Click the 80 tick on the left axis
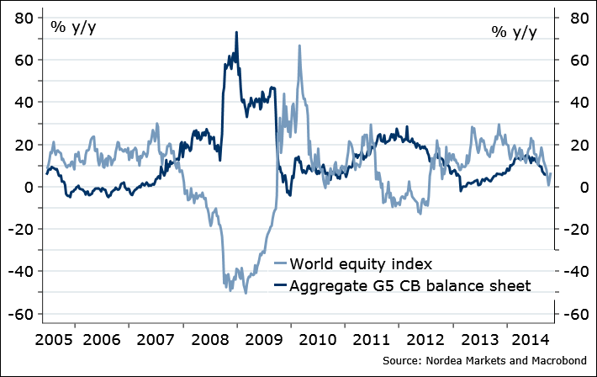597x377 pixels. (22, 18)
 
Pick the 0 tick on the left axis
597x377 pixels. (27, 187)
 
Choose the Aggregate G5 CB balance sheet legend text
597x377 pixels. (410, 286)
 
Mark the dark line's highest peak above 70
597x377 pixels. (236, 33)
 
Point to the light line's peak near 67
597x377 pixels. (299, 45)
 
